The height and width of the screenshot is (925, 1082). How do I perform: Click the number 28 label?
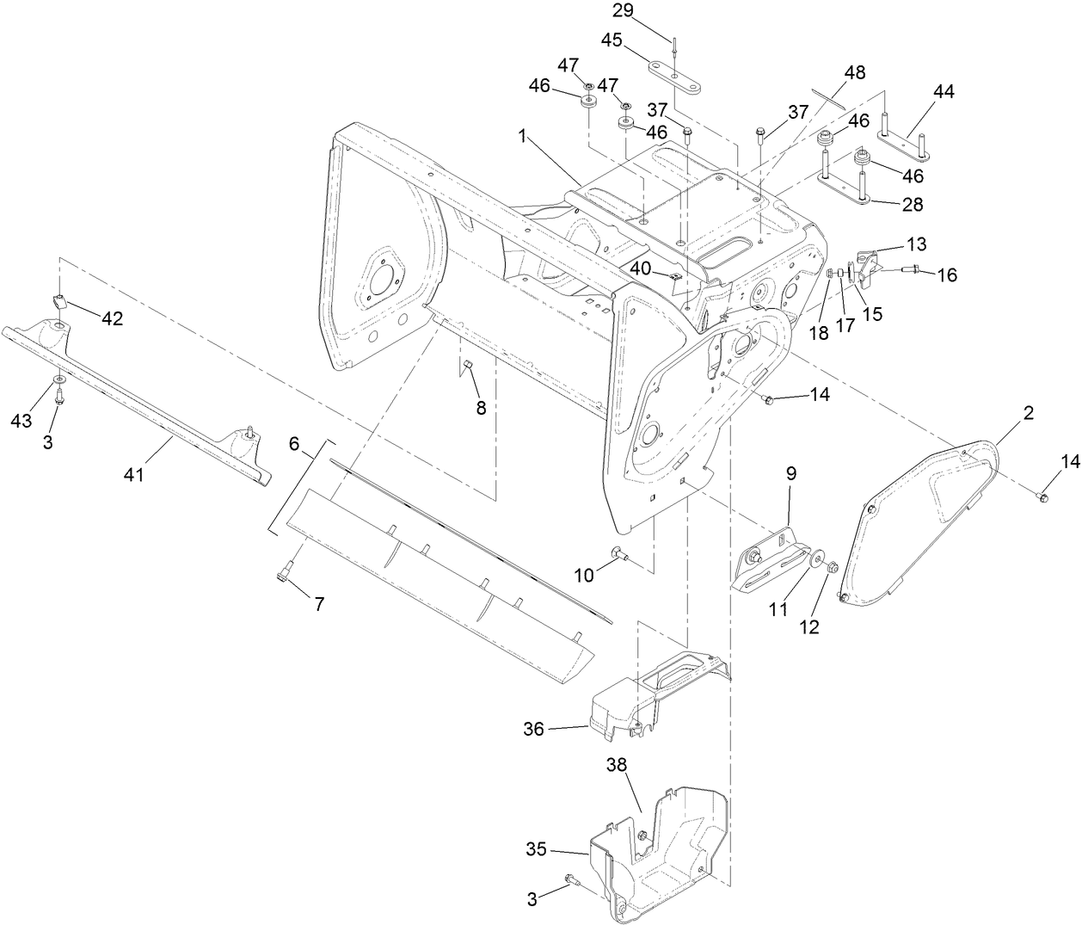(913, 205)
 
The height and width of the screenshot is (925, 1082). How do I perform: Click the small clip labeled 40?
(674, 276)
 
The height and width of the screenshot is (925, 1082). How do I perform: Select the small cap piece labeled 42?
(61, 301)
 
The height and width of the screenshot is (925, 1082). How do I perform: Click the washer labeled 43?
(58, 379)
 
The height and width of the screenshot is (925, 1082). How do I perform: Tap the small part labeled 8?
(469, 370)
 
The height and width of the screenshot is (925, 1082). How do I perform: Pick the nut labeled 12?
(832, 569)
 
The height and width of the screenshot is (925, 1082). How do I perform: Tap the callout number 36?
(534, 729)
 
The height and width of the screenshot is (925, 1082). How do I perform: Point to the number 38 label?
(618, 765)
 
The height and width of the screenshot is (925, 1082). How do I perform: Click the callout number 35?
(535, 848)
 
